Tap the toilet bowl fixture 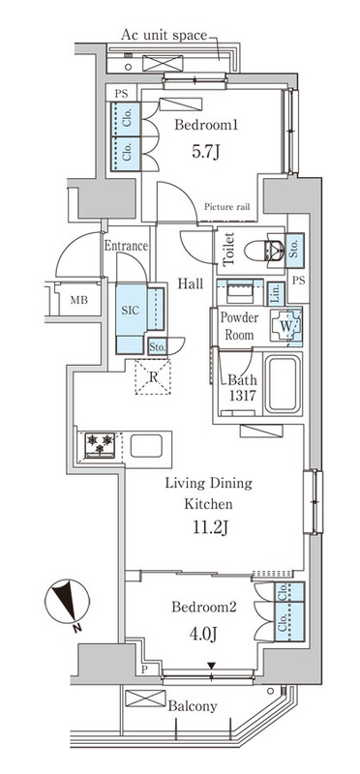click(x=262, y=251)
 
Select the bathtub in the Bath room click(x=283, y=384)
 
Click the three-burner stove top click(x=100, y=444)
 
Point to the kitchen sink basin click(x=146, y=446)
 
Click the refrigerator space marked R click(x=153, y=377)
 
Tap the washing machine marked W click(x=285, y=326)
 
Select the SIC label click(x=132, y=311)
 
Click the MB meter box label click(x=79, y=299)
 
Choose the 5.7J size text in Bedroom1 click(x=205, y=152)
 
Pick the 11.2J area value click(x=210, y=528)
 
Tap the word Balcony click(x=193, y=706)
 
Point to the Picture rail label click(x=227, y=207)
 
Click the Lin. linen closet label click(x=276, y=294)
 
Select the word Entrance click(x=126, y=246)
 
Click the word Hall click(x=191, y=283)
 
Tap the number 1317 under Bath click(x=242, y=396)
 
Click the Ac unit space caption click(x=165, y=35)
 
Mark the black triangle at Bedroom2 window click(x=211, y=667)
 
